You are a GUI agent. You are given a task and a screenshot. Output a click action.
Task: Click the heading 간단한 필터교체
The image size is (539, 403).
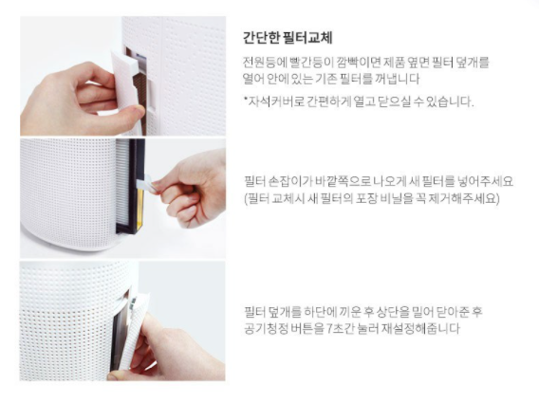[x=288, y=38]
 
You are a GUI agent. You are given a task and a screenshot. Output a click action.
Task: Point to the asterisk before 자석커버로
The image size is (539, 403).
[x=246, y=99]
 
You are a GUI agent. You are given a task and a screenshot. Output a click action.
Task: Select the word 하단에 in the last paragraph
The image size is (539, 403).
[x=320, y=312]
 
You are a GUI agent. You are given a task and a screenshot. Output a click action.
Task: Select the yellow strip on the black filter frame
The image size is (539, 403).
[x=139, y=211]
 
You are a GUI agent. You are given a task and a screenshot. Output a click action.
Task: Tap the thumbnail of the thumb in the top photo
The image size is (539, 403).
[x=139, y=110]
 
